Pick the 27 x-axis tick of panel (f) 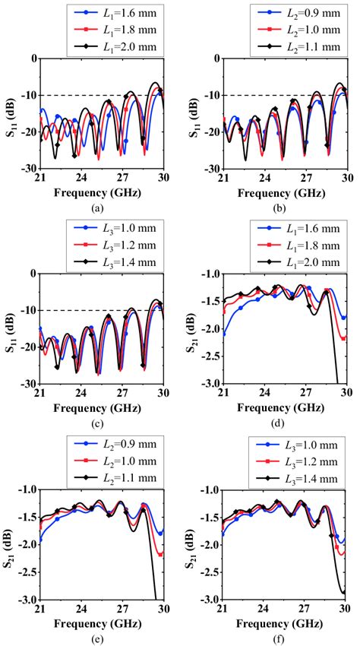pos(305,609)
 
